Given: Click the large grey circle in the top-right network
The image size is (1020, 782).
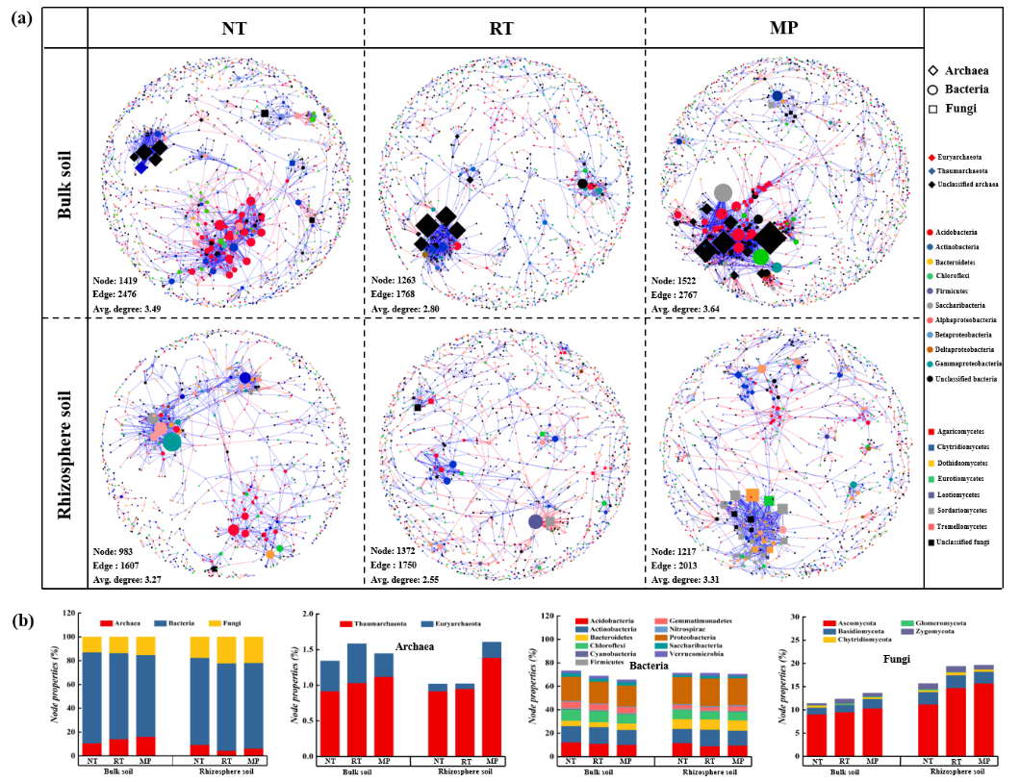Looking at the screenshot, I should [x=723, y=192].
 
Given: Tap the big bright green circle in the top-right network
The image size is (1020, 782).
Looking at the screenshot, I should [x=761, y=257].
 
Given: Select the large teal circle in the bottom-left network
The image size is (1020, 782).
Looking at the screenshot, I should [x=171, y=441].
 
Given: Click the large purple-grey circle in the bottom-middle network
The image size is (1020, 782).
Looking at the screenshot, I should [x=536, y=521].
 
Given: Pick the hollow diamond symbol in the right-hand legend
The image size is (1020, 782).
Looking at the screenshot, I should [x=932, y=70].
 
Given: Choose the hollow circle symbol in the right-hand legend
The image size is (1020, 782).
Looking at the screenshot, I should [x=932, y=89].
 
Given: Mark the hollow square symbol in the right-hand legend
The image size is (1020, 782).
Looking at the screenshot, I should [x=932, y=110].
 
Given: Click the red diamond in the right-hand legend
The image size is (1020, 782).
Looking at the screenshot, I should [x=931, y=157].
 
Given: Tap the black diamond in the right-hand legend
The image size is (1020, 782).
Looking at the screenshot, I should [x=931, y=183].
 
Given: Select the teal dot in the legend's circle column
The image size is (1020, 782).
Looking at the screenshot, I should [x=931, y=365].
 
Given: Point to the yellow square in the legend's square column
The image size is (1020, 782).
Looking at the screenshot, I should [x=931, y=463].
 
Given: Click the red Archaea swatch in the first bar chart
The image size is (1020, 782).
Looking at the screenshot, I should [x=107, y=623].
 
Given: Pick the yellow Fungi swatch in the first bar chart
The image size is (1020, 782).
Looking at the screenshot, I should [x=215, y=623].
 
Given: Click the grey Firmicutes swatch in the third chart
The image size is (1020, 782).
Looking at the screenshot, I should [x=580, y=662].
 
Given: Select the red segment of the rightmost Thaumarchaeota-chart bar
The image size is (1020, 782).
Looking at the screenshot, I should [x=491, y=706].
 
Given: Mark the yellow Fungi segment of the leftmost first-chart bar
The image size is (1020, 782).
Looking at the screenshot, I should [x=91, y=643].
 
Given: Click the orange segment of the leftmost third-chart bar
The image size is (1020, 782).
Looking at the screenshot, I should [x=571, y=689].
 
